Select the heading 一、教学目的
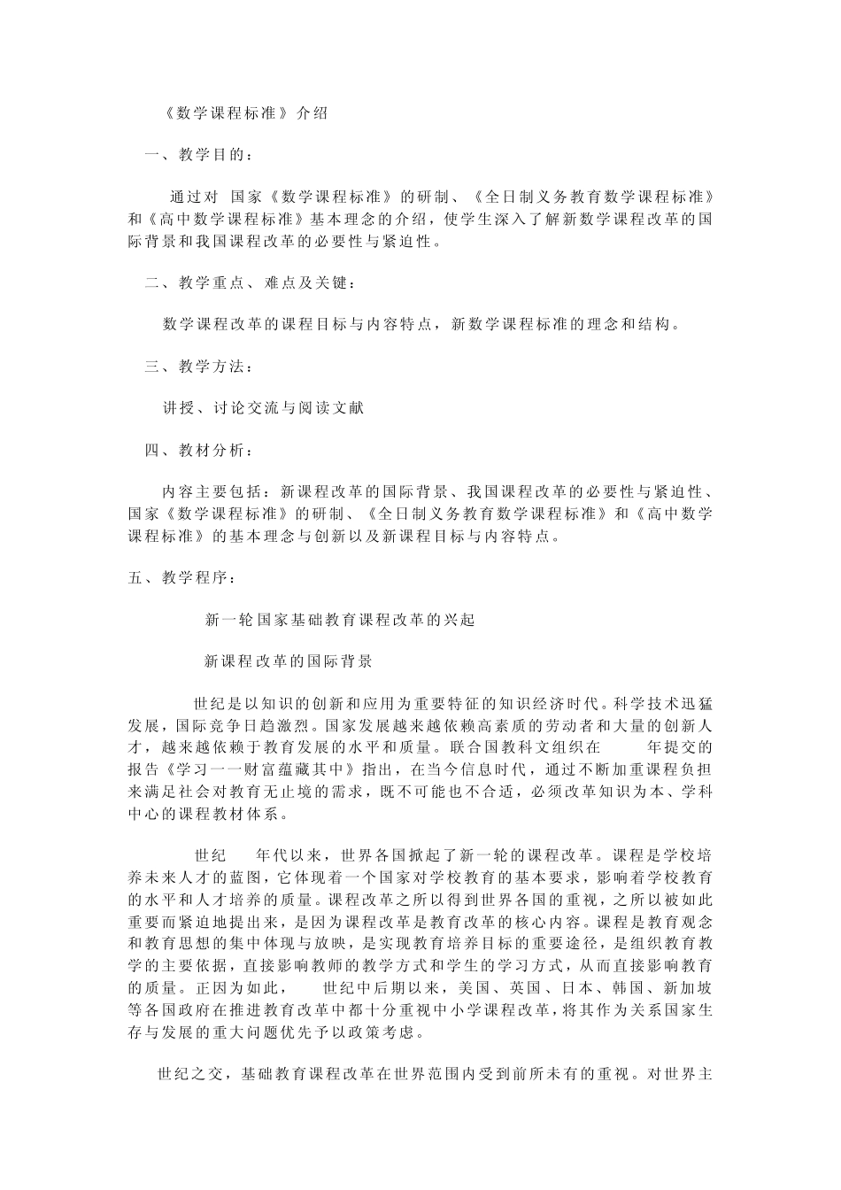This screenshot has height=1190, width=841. pyautogui.click(x=198, y=155)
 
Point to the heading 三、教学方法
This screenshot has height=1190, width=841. pyautogui.click(x=198, y=367)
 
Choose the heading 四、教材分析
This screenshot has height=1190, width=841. pyautogui.click(x=198, y=450)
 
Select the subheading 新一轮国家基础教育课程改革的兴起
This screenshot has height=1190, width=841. pyautogui.click(x=340, y=620)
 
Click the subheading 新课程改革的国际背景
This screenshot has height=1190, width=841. pyautogui.click(x=289, y=661)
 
